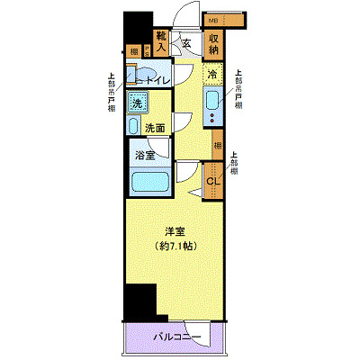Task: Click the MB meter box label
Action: click(x=213, y=19)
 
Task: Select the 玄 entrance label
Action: click(x=186, y=41)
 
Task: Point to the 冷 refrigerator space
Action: click(x=213, y=74)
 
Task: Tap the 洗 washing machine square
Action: click(x=138, y=103)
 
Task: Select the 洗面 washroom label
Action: click(x=156, y=127)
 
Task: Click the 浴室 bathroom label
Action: click(x=144, y=154)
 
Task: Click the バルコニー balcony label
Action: click(x=171, y=337)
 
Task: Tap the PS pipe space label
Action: click(x=147, y=51)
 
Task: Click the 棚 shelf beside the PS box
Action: click(x=133, y=51)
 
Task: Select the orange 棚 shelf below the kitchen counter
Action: click(x=218, y=144)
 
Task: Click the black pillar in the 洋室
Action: click(x=139, y=301)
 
